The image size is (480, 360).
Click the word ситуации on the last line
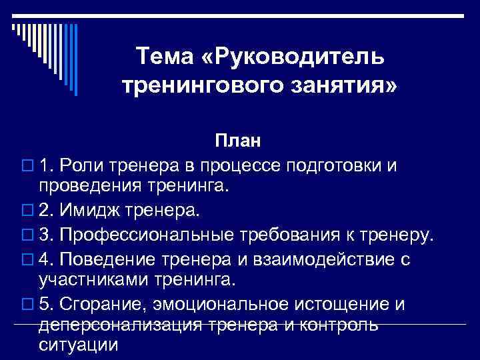click(x=79, y=346)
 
